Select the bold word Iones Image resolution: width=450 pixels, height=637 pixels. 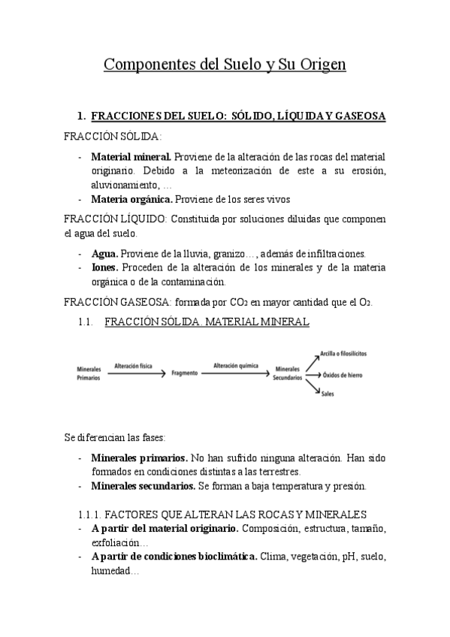click(x=104, y=267)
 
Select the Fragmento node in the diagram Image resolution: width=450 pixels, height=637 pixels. click(x=185, y=373)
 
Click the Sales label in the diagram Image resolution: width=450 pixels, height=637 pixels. click(x=328, y=394)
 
